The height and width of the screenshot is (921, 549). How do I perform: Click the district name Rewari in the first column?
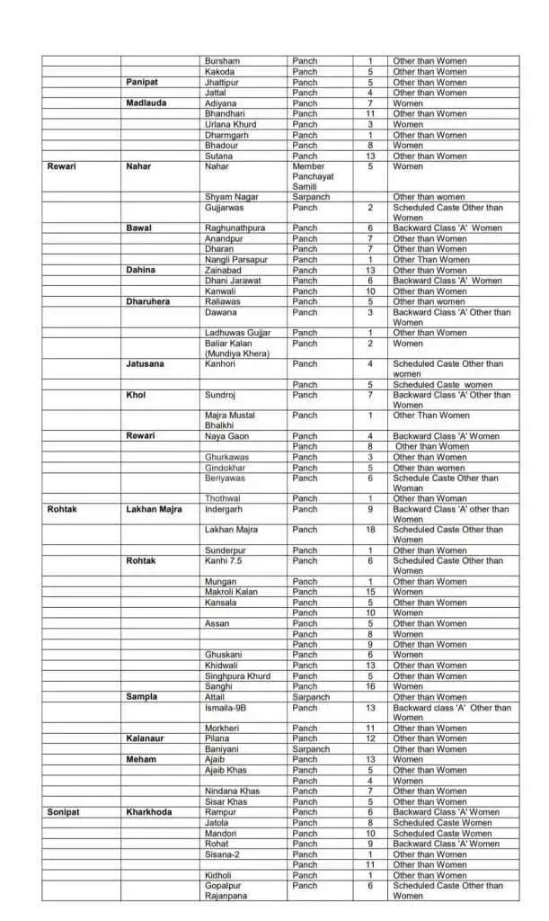click(x=61, y=166)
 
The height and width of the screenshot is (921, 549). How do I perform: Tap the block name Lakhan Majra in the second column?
click(x=154, y=509)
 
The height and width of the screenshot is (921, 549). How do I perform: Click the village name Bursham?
click(x=222, y=61)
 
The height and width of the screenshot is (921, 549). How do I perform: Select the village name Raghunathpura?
click(x=235, y=228)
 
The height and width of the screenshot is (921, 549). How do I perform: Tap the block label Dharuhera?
click(x=153, y=302)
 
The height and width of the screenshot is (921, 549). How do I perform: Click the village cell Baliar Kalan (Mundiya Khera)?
click(x=235, y=348)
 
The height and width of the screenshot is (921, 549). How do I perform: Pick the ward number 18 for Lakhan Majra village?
click(x=370, y=530)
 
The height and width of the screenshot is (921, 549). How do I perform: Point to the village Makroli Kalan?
click(x=231, y=592)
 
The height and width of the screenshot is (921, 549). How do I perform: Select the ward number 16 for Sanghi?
click(x=370, y=686)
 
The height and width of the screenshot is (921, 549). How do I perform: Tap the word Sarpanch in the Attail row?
click(x=311, y=697)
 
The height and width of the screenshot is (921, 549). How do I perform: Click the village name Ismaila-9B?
click(x=229, y=708)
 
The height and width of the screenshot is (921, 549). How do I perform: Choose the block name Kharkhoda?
click(x=152, y=812)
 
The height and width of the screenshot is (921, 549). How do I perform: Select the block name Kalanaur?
click(x=149, y=738)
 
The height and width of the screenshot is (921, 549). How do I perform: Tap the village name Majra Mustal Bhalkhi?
click(x=232, y=420)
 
